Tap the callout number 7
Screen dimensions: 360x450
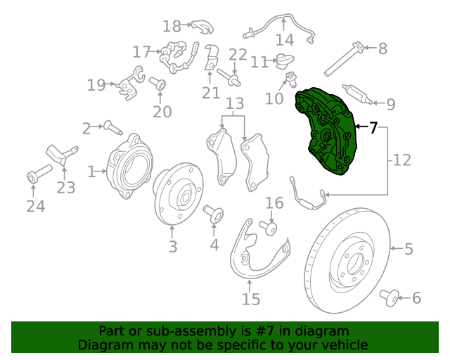coord(373,127)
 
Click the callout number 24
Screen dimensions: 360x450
coord(35,206)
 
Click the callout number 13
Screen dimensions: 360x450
coord(234,104)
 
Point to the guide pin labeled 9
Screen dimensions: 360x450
coord(359,95)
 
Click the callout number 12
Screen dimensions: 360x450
coord(401,160)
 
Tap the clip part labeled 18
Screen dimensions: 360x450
coord(202,27)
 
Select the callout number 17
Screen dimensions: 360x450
coord(141,51)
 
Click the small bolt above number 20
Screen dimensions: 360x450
coord(159,85)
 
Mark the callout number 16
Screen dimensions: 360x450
coord(274,203)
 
